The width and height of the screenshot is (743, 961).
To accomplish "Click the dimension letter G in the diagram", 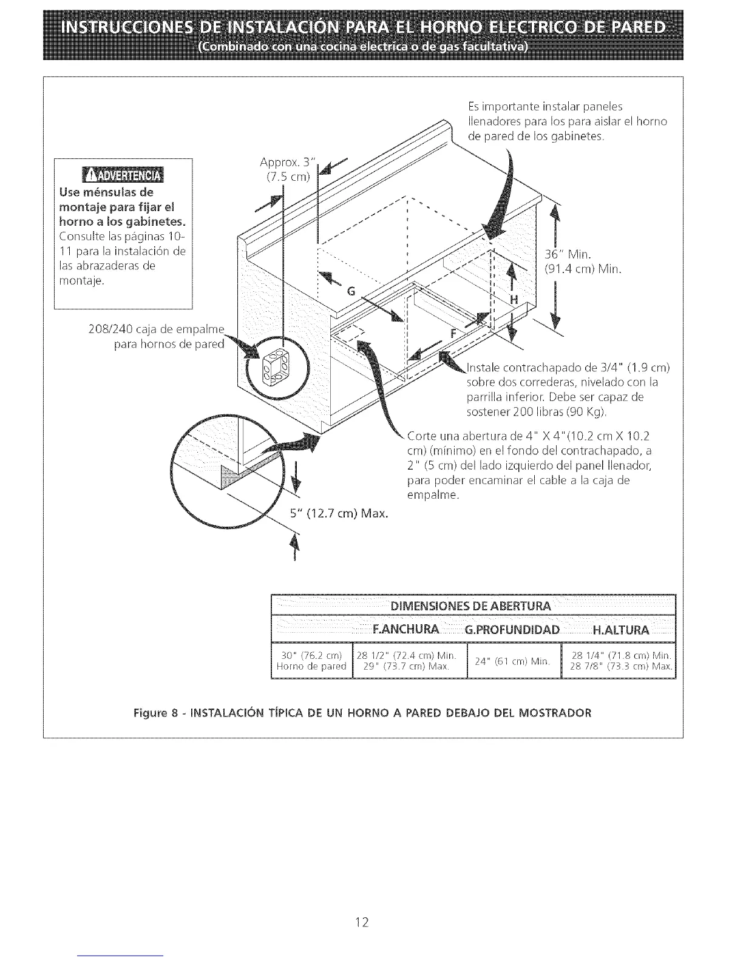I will pos(350,291).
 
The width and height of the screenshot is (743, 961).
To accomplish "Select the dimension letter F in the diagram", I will pos(453,333).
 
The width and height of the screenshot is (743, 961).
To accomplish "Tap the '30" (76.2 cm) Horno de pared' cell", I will pos(311,661).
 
